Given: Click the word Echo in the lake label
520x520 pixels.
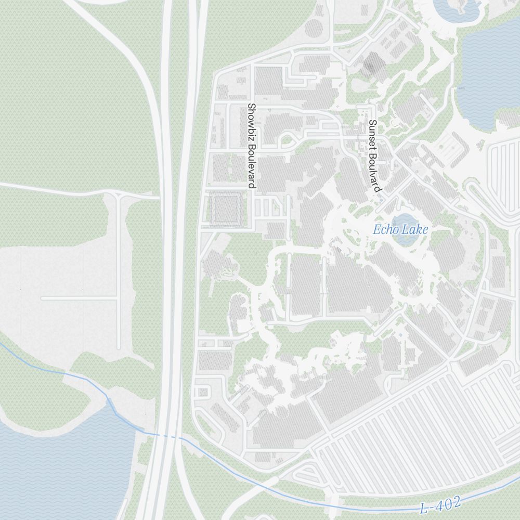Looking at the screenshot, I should pos(384,229).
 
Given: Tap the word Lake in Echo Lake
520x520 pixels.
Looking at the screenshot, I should pos(417,229).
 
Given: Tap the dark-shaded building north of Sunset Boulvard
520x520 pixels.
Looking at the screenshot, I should pos(373,65).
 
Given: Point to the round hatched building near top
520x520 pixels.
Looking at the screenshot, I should pos(314,29).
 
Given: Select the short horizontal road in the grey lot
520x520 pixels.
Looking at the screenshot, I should pos(78,298).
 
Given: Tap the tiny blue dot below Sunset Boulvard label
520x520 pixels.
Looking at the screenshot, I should pos(381,200).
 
